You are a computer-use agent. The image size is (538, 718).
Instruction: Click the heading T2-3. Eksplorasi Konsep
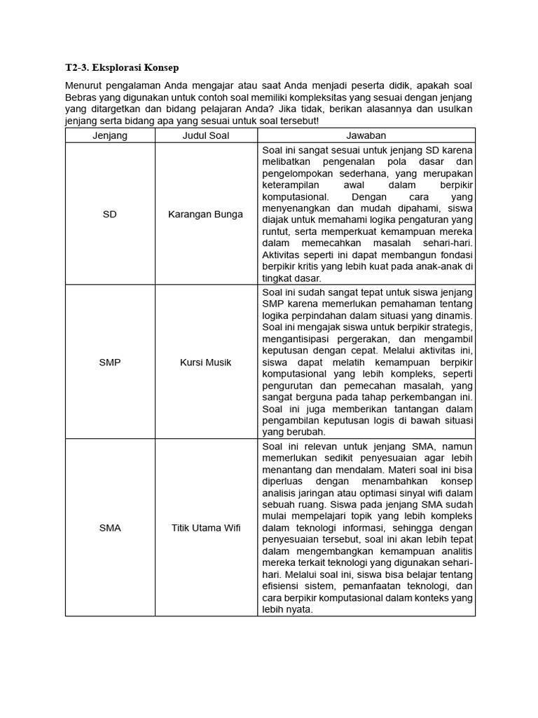tap(122, 68)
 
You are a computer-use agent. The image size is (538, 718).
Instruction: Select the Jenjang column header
tap(110, 135)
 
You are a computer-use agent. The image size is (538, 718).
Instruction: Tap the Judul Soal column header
tap(206, 135)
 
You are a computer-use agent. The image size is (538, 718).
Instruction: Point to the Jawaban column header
tap(366, 135)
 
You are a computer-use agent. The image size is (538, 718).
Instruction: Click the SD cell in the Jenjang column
tap(110, 214)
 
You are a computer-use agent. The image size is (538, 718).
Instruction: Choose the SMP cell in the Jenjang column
tap(110, 363)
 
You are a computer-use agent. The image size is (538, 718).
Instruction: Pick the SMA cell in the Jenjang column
tap(110, 528)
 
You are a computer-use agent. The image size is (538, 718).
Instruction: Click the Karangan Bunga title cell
tap(206, 214)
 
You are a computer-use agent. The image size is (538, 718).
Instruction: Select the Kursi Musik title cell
tap(206, 363)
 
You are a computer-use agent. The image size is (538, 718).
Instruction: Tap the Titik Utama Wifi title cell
tap(206, 528)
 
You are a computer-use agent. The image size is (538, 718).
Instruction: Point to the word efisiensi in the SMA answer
tap(280, 586)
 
